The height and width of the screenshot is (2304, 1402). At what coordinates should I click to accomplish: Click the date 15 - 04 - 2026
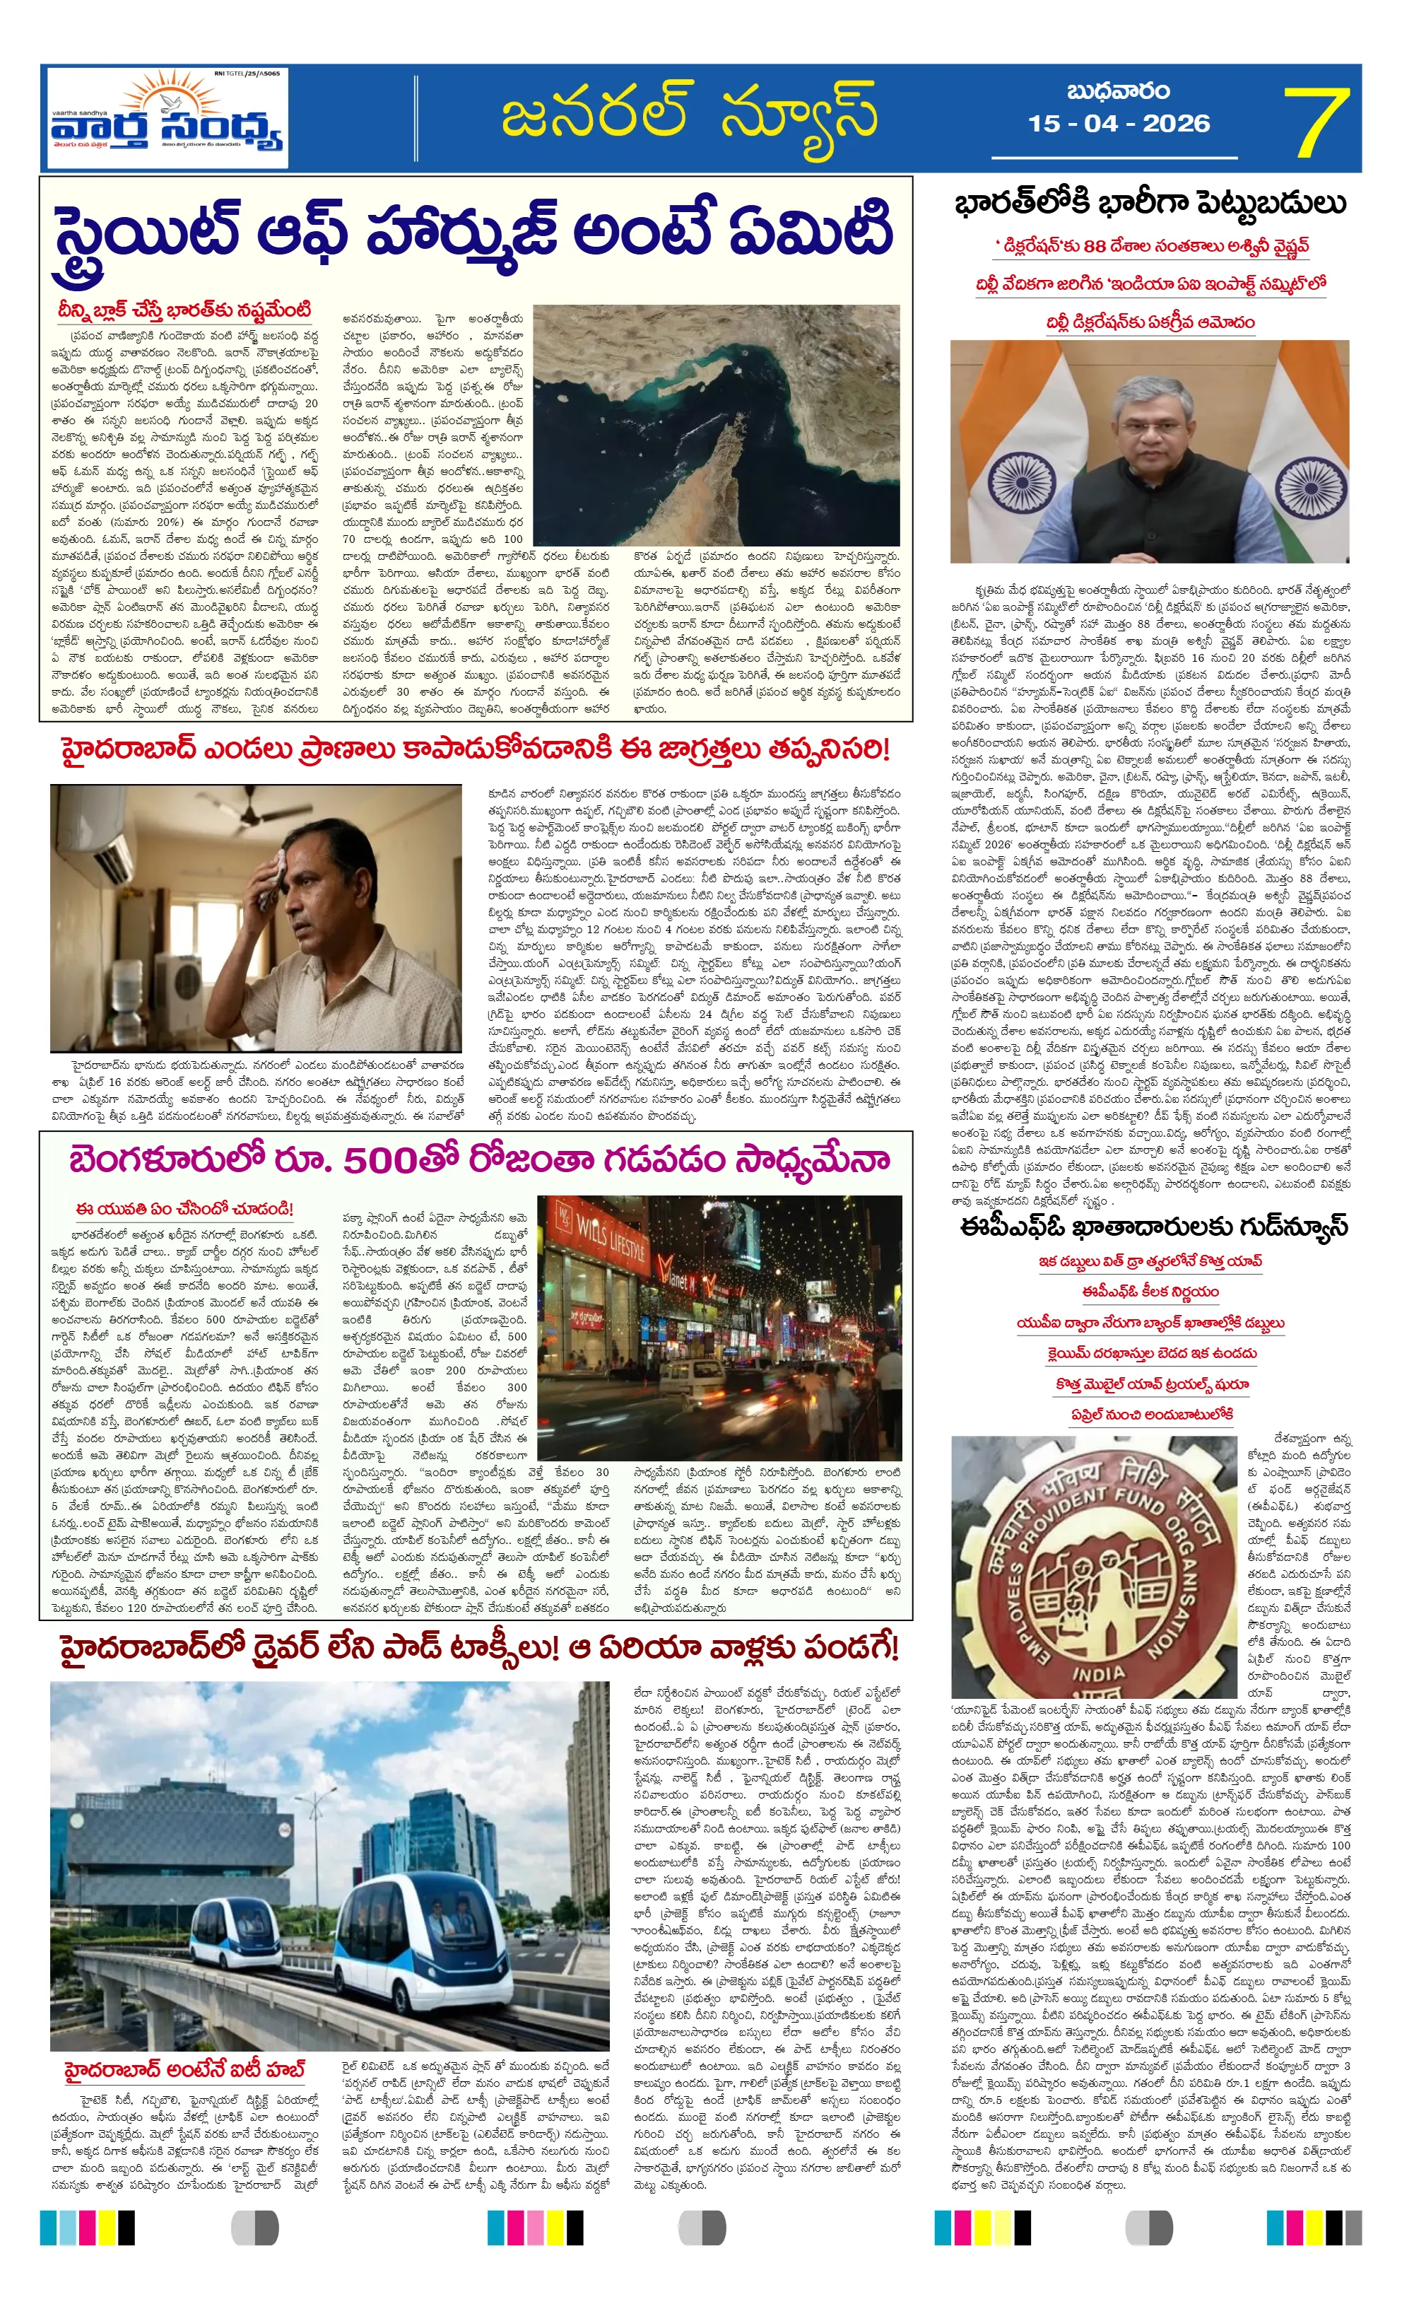pos(1118,124)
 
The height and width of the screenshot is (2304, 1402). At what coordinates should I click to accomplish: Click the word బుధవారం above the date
pos(1118,92)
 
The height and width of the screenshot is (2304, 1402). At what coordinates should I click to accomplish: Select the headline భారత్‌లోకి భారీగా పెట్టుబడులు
pos(1150,204)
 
